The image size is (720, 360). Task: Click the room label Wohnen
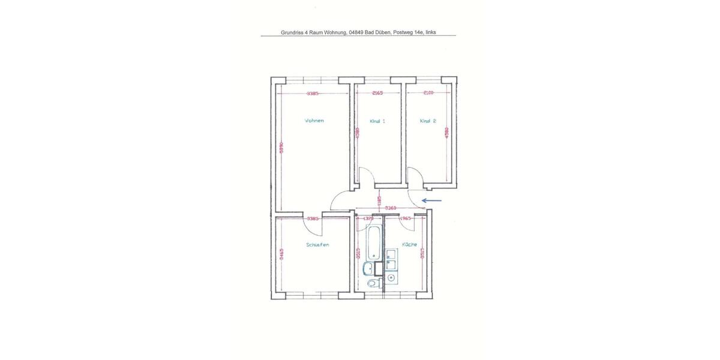314,121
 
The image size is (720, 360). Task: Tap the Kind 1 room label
377,121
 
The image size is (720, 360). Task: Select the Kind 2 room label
428,121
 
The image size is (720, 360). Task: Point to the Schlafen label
317,245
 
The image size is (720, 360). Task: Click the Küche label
409,245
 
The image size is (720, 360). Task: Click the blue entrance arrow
432,201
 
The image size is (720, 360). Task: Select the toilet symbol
373,283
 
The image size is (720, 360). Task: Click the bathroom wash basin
368,268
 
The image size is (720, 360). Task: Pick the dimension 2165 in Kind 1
377,93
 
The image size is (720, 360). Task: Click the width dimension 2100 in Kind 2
428,93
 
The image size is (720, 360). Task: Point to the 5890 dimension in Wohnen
280,148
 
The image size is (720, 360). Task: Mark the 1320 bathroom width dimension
368,218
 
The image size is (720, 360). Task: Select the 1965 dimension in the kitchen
405,218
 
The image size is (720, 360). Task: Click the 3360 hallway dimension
391,208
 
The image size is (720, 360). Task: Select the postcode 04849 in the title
356,33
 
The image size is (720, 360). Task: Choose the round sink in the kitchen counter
391,278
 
